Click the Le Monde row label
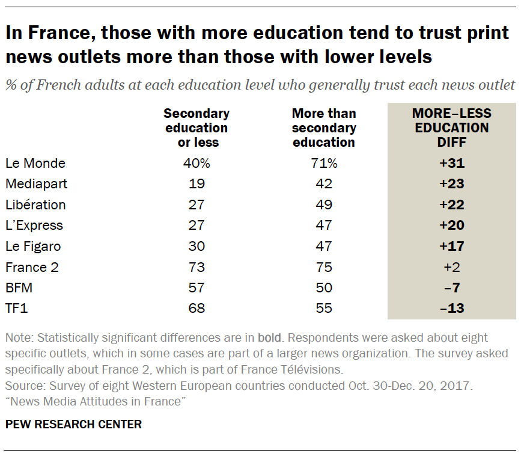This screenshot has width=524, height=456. coord(35,163)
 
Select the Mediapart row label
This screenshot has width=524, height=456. coord(36,183)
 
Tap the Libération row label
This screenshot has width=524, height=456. coord(35,205)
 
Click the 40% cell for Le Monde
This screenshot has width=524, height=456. coord(196,163)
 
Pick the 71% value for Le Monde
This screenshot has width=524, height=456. coord(324,163)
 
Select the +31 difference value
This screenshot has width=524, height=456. coord(451,163)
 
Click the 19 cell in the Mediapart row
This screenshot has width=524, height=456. coord(196,183)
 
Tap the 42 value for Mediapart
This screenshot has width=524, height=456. coord(324,183)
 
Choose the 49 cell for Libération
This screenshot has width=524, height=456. coord(324,205)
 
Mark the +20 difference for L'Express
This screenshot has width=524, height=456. coord(451,225)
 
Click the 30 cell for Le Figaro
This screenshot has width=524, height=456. coord(196,246)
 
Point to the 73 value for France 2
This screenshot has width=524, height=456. coord(196,267)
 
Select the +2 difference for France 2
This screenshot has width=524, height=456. coord(451,267)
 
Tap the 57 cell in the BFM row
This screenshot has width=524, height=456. coord(196,288)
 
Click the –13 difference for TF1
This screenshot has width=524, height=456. coord(451,308)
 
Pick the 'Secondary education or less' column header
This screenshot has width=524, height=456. coord(196,128)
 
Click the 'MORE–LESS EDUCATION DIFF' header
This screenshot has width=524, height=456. coord(451,128)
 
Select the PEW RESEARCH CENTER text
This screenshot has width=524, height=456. coord(73,425)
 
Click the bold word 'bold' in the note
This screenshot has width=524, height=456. coord(269,338)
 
